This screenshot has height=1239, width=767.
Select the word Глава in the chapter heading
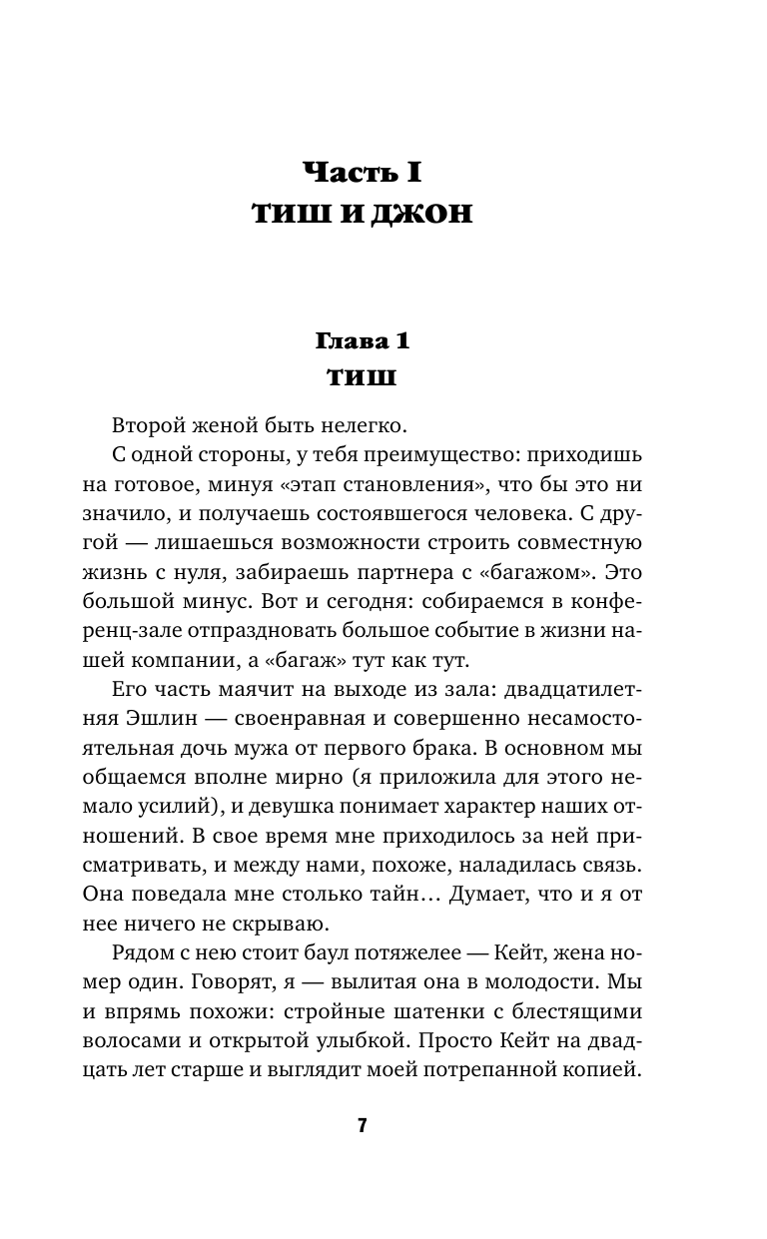tap(351, 341)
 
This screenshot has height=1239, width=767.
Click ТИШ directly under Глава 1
tap(362, 378)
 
